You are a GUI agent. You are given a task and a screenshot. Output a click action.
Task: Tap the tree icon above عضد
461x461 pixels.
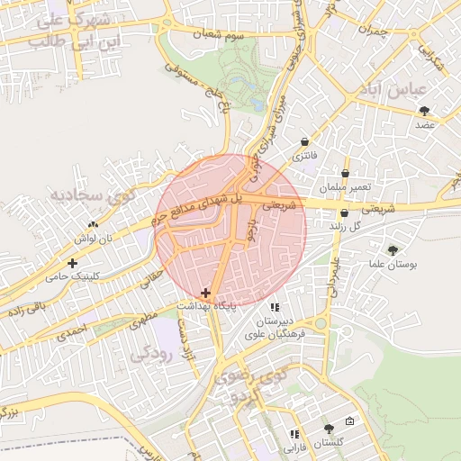tap(424, 111)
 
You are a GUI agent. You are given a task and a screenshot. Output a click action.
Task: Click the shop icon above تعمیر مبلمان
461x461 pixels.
tap(346, 173)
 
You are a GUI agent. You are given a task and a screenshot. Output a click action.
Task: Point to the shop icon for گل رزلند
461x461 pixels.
tap(345, 213)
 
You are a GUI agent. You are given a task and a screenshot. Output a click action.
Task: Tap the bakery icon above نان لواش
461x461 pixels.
tap(93, 225)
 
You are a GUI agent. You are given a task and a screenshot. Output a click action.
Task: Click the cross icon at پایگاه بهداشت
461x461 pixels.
tap(206, 293)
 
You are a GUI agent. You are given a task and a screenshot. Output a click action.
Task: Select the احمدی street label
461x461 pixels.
tap(73, 332)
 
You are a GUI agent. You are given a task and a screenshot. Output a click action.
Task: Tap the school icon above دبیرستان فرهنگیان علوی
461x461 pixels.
tap(275, 308)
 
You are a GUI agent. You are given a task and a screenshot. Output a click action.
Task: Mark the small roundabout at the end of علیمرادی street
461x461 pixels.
tap(321, 322)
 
